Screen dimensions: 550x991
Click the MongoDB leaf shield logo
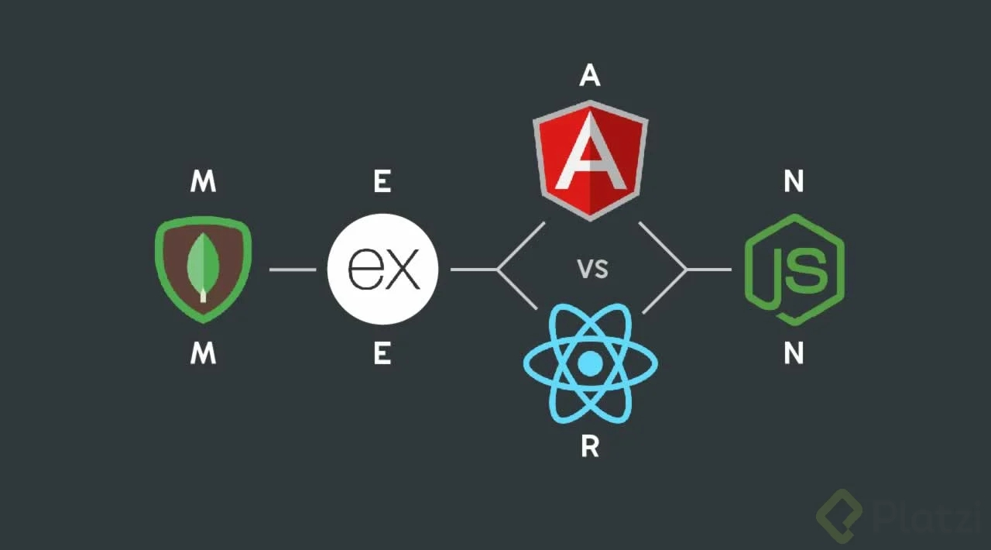(x=203, y=269)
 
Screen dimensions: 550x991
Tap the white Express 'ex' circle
(x=382, y=269)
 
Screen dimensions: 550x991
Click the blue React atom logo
(x=590, y=362)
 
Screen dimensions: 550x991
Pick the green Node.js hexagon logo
(x=794, y=269)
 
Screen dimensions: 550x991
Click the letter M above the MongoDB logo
(x=203, y=182)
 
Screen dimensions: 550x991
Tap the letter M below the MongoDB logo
(x=203, y=354)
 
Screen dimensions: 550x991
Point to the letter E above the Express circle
(x=382, y=182)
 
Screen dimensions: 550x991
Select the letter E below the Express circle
(x=382, y=354)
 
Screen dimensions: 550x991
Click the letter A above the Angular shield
(x=590, y=75)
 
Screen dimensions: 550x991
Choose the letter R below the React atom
(x=590, y=448)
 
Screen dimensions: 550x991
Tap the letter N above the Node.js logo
(x=794, y=182)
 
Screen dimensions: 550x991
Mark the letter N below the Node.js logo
(x=794, y=354)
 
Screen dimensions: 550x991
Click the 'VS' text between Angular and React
(x=592, y=270)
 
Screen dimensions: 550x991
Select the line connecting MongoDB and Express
(x=292, y=270)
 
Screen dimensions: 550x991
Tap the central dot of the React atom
(x=590, y=362)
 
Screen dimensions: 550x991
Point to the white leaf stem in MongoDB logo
(x=203, y=294)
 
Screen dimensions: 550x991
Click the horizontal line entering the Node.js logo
(x=708, y=270)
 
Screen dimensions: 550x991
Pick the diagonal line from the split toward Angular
(x=521, y=246)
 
